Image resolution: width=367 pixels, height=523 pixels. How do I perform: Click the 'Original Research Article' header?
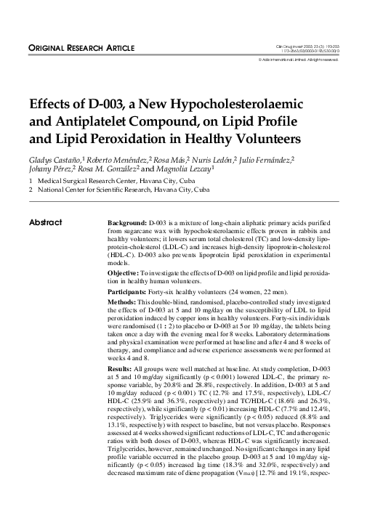(x=81, y=48)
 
